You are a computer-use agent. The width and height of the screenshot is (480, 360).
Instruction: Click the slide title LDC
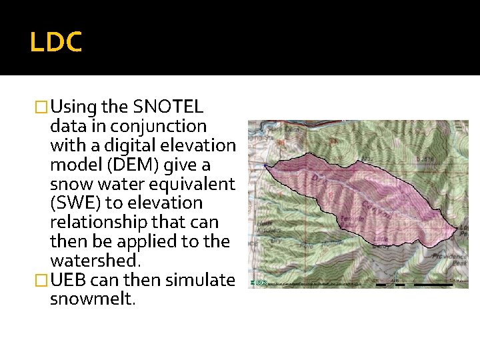[56, 41]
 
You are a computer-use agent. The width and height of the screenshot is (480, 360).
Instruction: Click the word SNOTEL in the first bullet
[169, 107]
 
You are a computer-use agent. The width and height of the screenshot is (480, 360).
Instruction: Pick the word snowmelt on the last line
[92, 299]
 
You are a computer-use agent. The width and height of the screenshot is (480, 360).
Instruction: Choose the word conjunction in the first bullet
[159, 126]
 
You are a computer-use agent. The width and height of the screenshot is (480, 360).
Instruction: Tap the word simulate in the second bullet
[199, 280]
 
